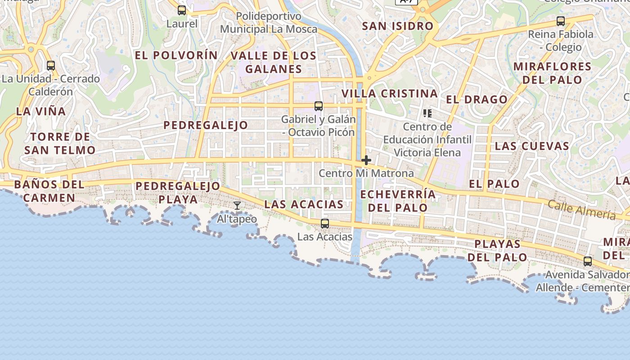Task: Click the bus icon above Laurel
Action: point(182,10)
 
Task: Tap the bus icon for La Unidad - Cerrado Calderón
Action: point(51,65)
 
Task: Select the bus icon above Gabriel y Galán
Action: point(319,106)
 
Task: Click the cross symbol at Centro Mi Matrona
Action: point(366,160)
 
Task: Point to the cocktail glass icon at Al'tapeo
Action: point(237,206)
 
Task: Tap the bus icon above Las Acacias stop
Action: point(325,223)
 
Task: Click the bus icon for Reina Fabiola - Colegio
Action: point(561,21)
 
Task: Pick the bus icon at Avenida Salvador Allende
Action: point(588,261)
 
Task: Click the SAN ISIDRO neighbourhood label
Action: point(398,26)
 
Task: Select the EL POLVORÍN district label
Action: point(176,55)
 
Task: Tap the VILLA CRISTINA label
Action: point(390,94)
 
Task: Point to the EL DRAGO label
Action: point(477,99)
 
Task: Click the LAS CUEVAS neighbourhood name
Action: point(532,146)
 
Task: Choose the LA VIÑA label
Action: point(41,111)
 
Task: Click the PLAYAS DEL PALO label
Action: point(497,251)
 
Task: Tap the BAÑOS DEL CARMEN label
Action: point(49,191)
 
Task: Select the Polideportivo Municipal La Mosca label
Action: point(269,23)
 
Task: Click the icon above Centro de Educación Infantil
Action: point(427,113)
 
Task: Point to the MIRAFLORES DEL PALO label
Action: point(553,73)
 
